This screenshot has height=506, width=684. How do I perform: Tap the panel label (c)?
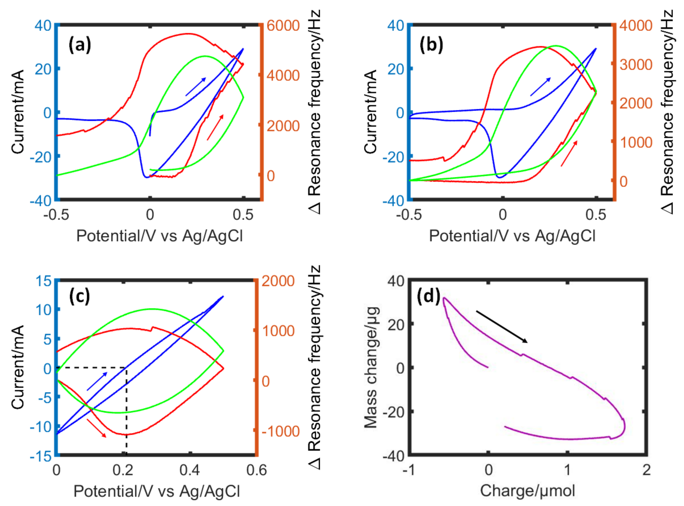pyautogui.click(x=79, y=296)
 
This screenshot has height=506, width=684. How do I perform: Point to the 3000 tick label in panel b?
pyautogui.click(x=636, y=65)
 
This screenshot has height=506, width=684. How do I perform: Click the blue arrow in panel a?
pyautogui.click(x=196, y=87)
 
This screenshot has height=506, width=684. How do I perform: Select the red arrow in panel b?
pyautogui.click(x=569, y=154)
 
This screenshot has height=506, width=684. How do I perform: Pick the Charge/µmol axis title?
pyautogui.click(x=527, y=491)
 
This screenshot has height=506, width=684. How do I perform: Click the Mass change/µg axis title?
pyautogui.click(x=371, y=367)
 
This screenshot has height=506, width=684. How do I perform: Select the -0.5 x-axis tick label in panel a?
pyautogui.click(x=56, y=215)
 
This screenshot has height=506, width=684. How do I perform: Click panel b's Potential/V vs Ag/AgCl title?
pyautogui.click(x=512, y=236)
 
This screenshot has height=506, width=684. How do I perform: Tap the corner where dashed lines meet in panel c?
pyautogui.click(x=126, y=367)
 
